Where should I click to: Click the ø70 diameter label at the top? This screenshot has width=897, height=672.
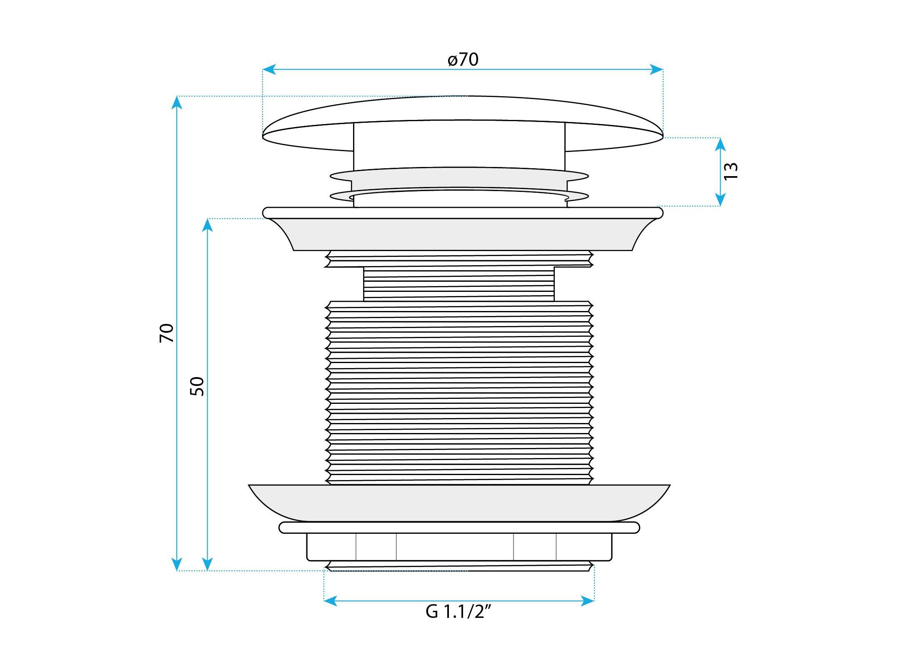463,60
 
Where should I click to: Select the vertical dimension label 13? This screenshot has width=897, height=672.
731,171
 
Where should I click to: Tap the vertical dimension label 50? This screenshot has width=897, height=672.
197,386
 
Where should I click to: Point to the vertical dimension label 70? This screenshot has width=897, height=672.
166,333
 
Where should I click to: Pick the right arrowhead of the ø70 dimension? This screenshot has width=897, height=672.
656,70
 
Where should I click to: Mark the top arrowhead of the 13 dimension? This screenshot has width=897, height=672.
720,144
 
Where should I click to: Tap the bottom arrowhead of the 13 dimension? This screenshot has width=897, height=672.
720,199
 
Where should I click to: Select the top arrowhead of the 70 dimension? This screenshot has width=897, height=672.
177,102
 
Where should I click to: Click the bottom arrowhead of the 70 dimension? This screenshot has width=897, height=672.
177,564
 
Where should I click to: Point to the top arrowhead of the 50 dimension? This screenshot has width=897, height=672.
208,225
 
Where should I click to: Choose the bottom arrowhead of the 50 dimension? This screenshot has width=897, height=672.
208,564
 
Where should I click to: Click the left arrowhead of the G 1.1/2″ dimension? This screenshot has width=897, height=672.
331,601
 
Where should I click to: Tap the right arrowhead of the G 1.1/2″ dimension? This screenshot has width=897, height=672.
588,601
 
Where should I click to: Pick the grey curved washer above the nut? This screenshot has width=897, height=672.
459,503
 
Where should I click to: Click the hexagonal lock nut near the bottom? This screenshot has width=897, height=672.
459,547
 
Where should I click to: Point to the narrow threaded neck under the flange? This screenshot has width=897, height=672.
459,284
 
